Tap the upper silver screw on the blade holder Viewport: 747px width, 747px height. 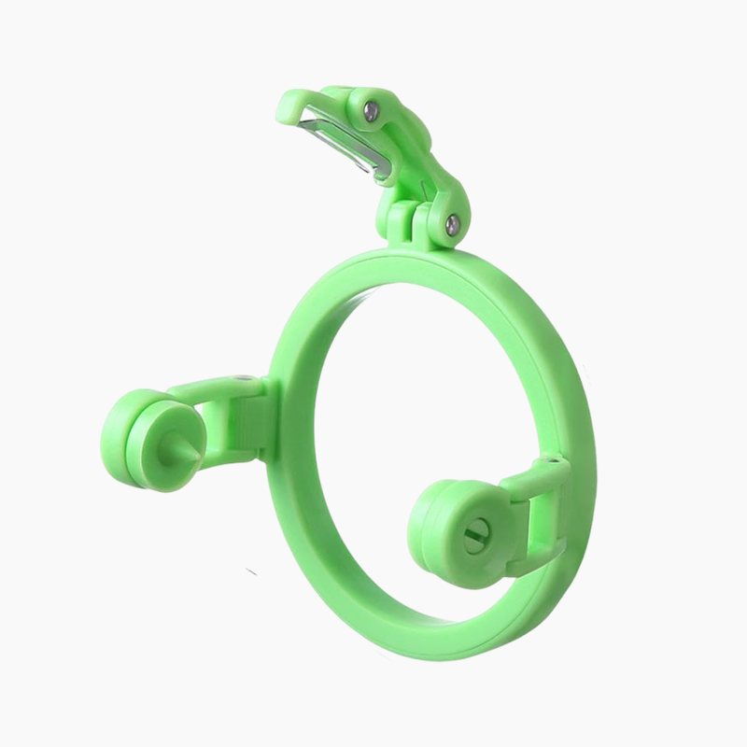tap(373, 111)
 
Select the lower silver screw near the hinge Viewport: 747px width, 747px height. tap(453, 222)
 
